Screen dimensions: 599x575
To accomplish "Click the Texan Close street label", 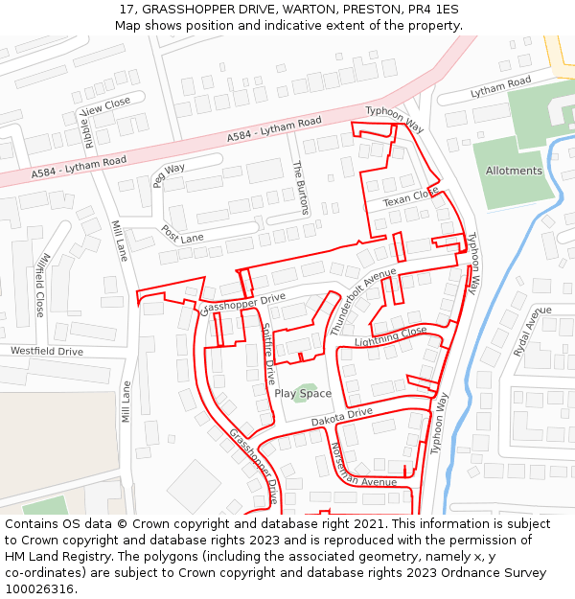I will click(x=411, y=196).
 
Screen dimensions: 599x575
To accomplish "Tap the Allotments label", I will click(x=514, y=171).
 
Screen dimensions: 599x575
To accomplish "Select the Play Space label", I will click(x=303, y=393).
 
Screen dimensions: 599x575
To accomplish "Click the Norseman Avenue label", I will click(x=363, y=465).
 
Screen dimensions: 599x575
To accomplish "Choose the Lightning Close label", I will click(x=390, y=337).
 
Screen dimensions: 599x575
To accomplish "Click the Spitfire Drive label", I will click(x=269, y=354).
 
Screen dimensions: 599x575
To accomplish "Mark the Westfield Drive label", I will click(x=47, y=352).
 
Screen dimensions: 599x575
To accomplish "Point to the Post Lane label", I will click(x=182, y=234).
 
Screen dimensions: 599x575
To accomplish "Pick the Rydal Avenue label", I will click(x=531, y=332).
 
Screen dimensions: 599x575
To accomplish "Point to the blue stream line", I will click(x=498, y=288).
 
